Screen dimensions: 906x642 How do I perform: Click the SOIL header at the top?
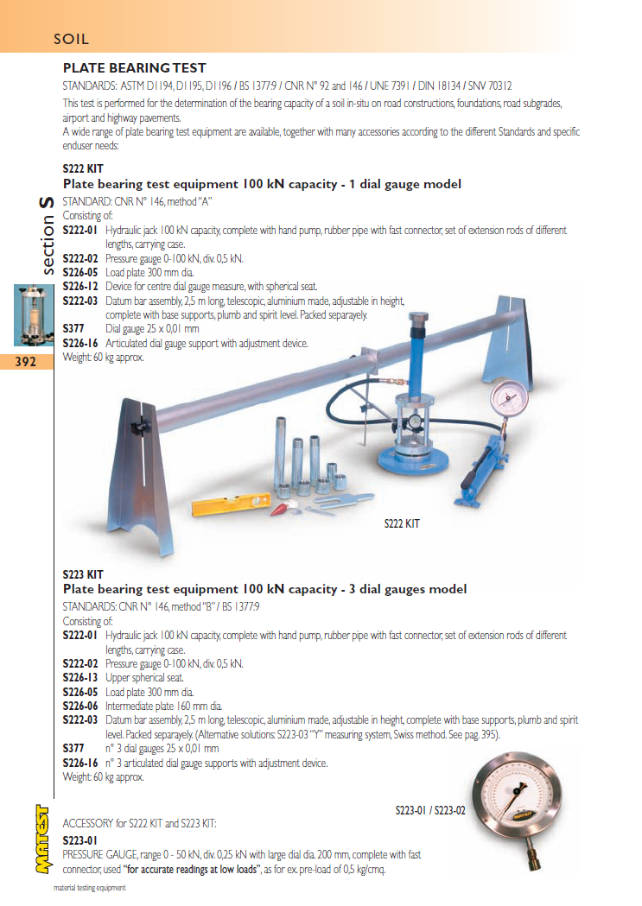click(x=71, y=39)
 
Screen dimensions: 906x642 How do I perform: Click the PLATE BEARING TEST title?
click(x=134, y=68)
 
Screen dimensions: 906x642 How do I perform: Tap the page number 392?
click(x=26, y=362)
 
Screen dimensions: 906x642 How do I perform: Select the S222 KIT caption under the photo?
click(x=402, y=523)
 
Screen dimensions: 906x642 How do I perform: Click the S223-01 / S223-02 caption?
click(x=430, y=810)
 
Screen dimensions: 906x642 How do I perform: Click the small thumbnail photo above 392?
click(x=26, y=314)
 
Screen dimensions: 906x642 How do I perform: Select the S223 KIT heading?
click(x=83, y=574)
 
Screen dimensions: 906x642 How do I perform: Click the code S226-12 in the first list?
click(x=82, y=286)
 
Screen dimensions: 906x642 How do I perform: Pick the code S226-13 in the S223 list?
click(x=82, y=678)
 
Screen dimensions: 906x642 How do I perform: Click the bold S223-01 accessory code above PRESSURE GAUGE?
click(x=80, y=839)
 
